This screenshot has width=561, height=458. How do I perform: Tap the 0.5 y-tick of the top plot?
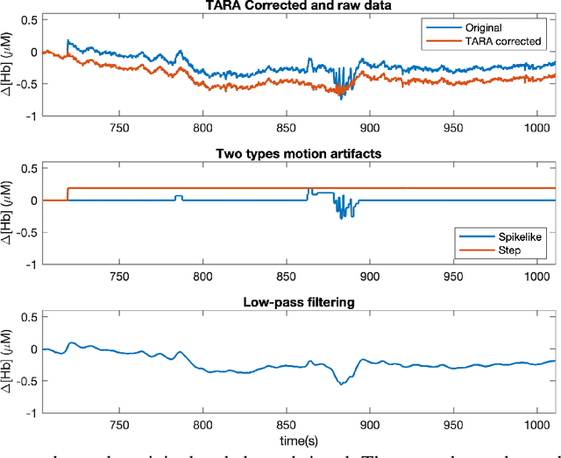pyautogui.click(x=27, y=19)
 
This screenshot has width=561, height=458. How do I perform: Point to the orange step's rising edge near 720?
pyautogui.click(x=68, y=194)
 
